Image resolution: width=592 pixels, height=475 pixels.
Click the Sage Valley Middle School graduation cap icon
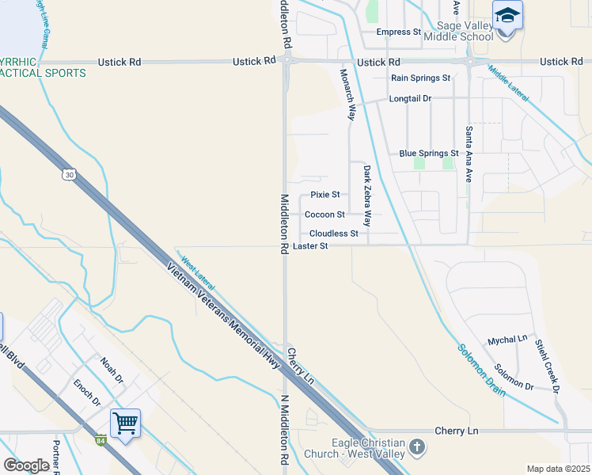click(x=507, y=16)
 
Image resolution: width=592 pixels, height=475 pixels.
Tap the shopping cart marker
click(x=125, y=424)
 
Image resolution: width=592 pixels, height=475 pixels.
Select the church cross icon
click(x=416, y=449)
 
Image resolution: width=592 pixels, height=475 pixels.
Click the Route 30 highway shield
click(x=70, y=175)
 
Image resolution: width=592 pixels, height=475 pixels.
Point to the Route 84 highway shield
click(x=101, y=441)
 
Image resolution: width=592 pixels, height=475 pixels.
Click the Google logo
click(x=26, y=465)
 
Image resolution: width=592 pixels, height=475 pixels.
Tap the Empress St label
click(x=398, y=32)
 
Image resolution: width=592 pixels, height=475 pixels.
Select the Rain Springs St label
click(x=420, y=78)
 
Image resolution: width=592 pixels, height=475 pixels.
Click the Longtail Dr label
click(x=410, y=98)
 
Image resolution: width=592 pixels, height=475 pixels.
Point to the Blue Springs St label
click(x=429, y=153)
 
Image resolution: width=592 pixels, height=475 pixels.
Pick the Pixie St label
click(x=324, y=194)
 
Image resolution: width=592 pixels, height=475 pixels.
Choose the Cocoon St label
click(x=324, y=215)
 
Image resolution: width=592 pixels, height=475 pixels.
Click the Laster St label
click(x=310, y=246)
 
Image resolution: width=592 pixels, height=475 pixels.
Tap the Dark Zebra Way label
click(x=367, y=196)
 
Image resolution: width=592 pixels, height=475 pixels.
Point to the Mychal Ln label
click(x=507, y=339)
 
